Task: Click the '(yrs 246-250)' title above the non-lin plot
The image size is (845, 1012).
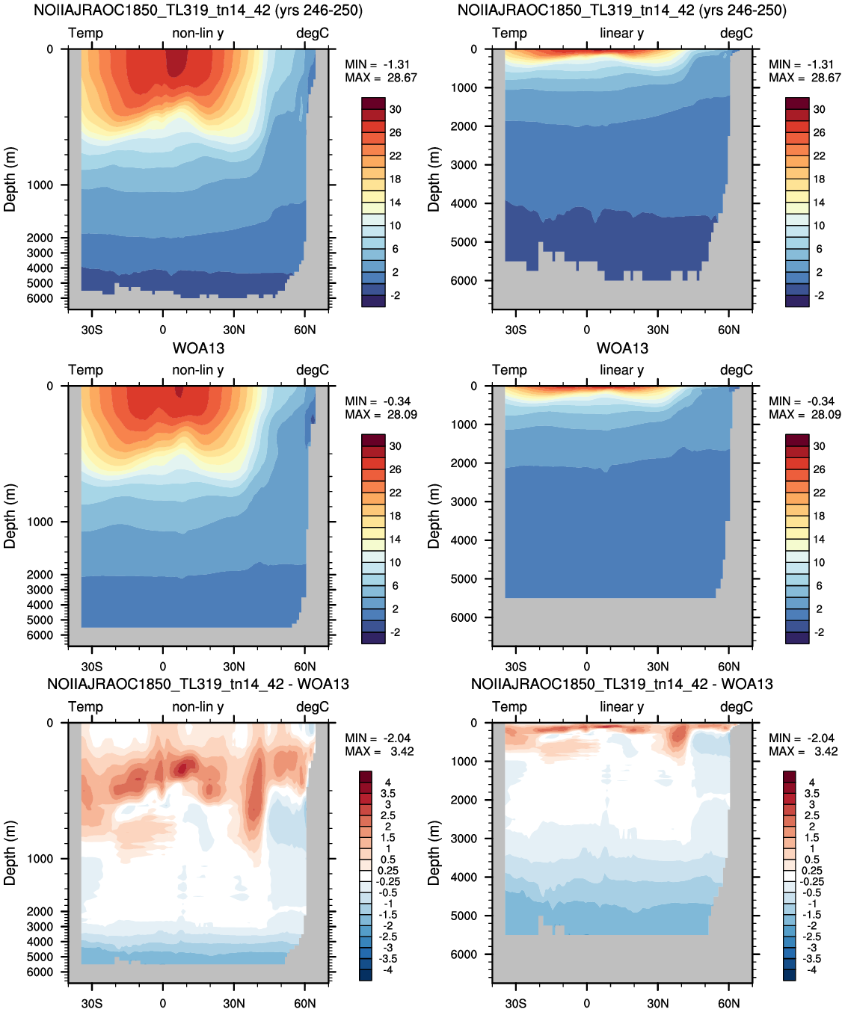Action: tap(319, 10)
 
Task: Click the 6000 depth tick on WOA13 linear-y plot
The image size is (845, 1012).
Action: tap(464, 617)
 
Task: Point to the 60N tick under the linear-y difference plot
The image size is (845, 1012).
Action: tap(728, 1003)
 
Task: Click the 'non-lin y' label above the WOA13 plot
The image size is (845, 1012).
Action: tap(198, 370)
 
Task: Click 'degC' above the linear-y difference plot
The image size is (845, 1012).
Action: tap(737, 707)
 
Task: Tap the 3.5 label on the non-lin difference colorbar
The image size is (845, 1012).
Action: tap(388, 794)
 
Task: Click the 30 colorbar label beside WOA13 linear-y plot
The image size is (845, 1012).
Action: tap(820, 446)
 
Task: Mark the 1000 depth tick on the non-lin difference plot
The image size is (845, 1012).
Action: tap(40, 859)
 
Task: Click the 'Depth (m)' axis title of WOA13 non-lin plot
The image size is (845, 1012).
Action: tap(10, 516)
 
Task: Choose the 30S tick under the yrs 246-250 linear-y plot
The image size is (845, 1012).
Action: tap(516, 330)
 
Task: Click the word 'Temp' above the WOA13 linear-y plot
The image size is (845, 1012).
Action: tap(509, 370)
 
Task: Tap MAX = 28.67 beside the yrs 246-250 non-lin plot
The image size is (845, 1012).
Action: tap(381, 78)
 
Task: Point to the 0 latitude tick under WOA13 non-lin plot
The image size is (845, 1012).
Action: tap(163, 667)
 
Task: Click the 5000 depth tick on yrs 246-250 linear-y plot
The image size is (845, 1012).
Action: tap(464, 242)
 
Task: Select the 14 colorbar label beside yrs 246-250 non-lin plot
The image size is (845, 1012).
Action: tap(396, 203)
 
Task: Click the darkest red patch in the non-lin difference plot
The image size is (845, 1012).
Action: tap(182, 768)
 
